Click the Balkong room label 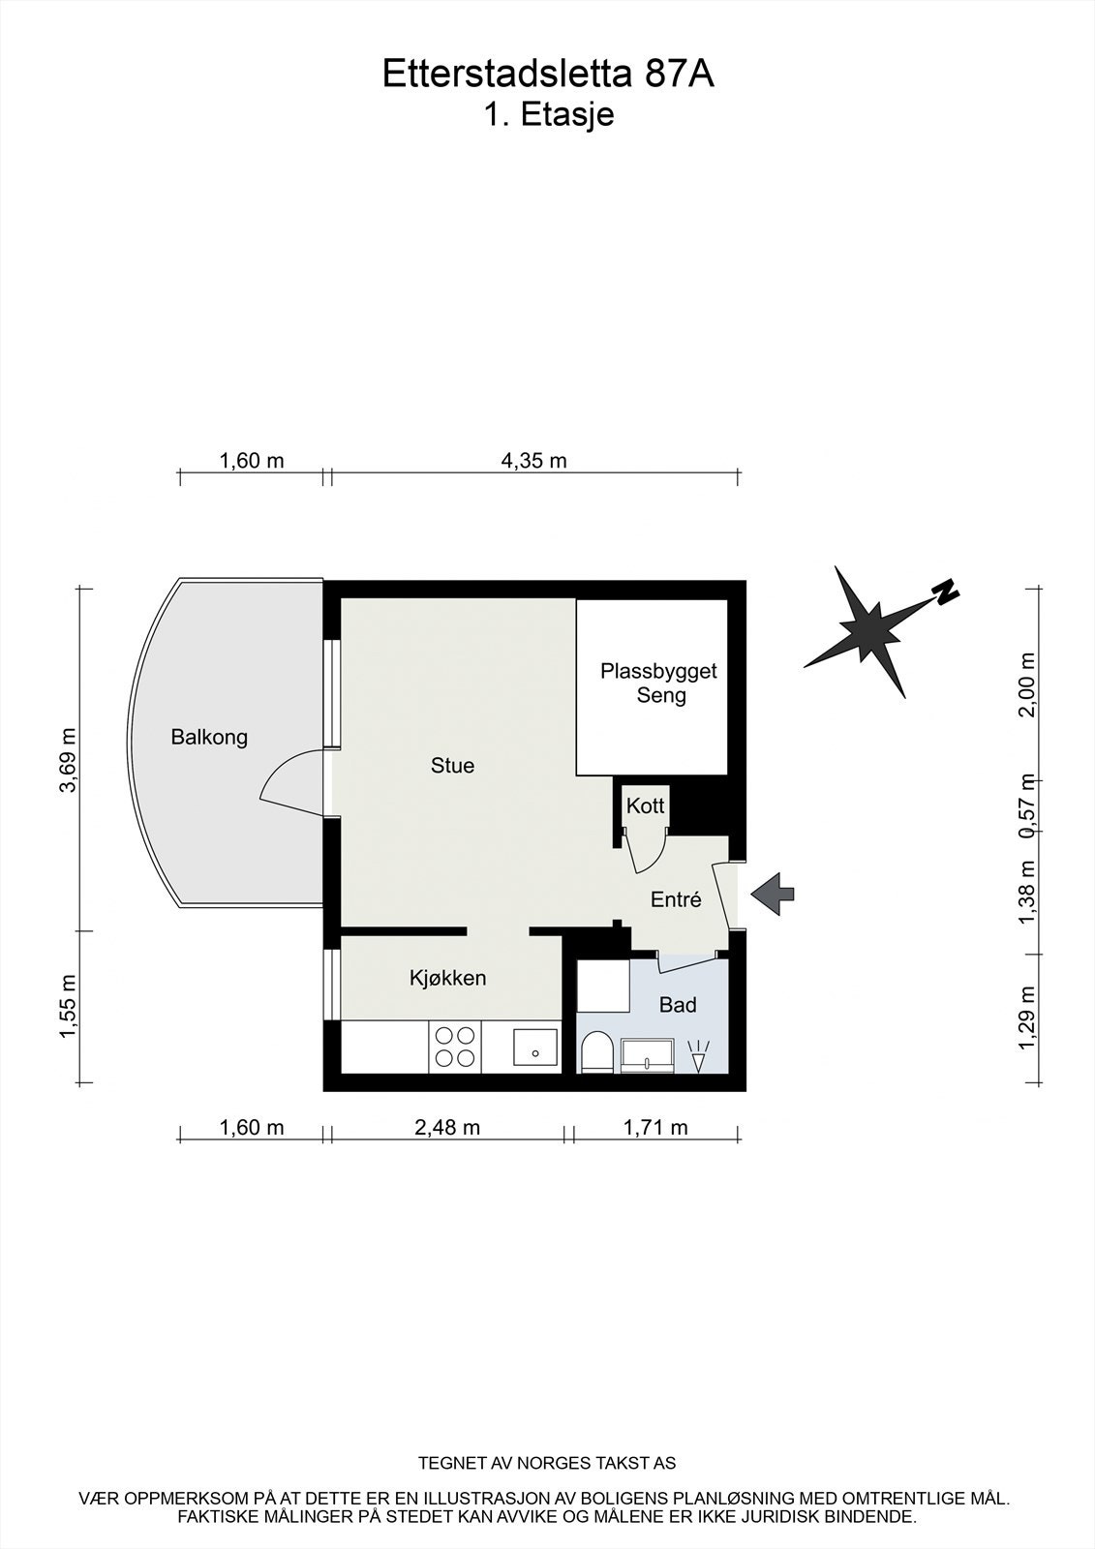[x=209, y=737]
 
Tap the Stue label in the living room [x=452, y=766]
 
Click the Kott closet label [x=645, y=805]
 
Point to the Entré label [x=675, y=899]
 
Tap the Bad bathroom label [x=678, y=1005]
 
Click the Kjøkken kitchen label [x=447, y=978]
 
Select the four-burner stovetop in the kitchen [x=455, y=1047]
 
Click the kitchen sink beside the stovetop [x=534, y=1048]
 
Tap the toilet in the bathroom [x=596, y=1052]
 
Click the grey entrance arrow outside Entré [x=774, y=893]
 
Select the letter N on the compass [x=945, y=591]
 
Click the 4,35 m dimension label [x=533, y=461]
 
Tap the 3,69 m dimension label [x=68, y=759]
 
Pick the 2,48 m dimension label [x=447, y=1127]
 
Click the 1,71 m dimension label [x=655, y=1127]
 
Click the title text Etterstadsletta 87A [x=548, y=75]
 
